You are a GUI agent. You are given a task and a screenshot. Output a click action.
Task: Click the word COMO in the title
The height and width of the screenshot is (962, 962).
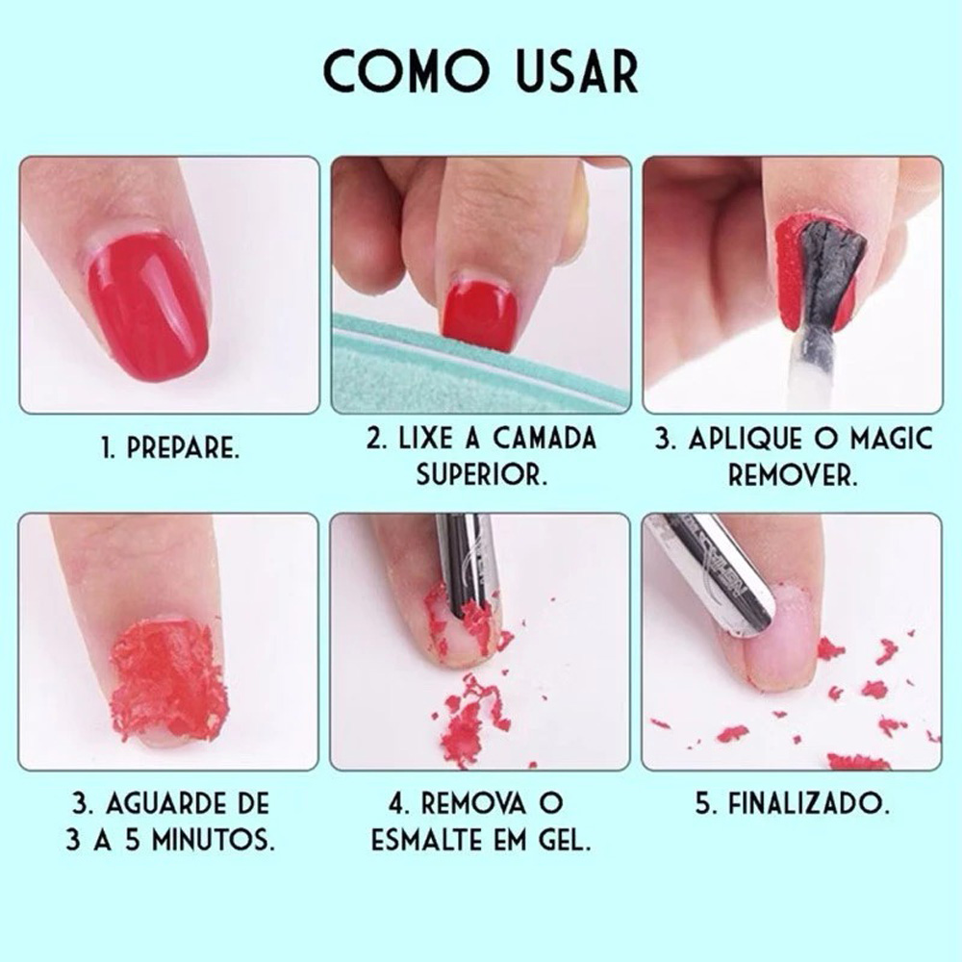click(407, 71)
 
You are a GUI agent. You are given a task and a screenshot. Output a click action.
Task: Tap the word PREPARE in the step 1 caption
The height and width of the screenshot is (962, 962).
click(182, 449)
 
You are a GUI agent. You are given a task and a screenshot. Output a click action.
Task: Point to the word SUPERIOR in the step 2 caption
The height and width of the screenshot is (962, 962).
click(481, 474)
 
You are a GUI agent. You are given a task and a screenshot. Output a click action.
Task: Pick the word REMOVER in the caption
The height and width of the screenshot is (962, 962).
click(792, 475)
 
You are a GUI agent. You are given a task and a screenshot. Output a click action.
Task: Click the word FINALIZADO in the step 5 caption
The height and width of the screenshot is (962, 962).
click(809, 803)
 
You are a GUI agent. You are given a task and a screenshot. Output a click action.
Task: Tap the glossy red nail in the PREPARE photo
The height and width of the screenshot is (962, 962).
click(148, 307)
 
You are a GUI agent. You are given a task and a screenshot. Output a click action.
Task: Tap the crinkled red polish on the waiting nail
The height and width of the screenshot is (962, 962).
click(168, 678)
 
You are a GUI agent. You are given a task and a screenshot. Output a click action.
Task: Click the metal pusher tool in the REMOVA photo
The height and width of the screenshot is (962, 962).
click(468, 565)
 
